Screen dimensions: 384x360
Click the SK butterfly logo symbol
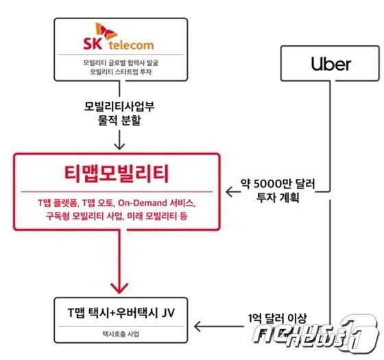pos(106,31)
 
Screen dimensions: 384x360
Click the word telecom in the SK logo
pos(131,45)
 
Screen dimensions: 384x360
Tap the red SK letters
pos(93,44)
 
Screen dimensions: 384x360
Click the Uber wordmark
pos(331,64)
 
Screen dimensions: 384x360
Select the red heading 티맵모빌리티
pos(117,173)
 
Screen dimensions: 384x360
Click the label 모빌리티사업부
pos(119,106)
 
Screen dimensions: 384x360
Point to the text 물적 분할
pos(119,120)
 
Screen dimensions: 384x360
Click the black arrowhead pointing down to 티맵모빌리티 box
pos(119,146)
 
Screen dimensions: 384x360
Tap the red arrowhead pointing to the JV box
pos(119,288)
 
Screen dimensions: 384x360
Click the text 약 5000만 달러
pos(278,184)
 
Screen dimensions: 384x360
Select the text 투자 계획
pos(278,197)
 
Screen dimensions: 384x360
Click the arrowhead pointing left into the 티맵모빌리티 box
pos(229,192)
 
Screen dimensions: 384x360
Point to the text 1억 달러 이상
pos(277,318)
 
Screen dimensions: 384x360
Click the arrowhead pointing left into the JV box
pos(197,326)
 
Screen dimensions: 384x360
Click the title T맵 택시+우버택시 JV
pos(121,313)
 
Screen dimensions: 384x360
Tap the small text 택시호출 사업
pos(121,334)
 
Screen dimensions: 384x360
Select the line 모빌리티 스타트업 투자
pos(121,72)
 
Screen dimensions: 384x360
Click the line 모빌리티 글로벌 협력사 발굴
pos(121,62)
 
